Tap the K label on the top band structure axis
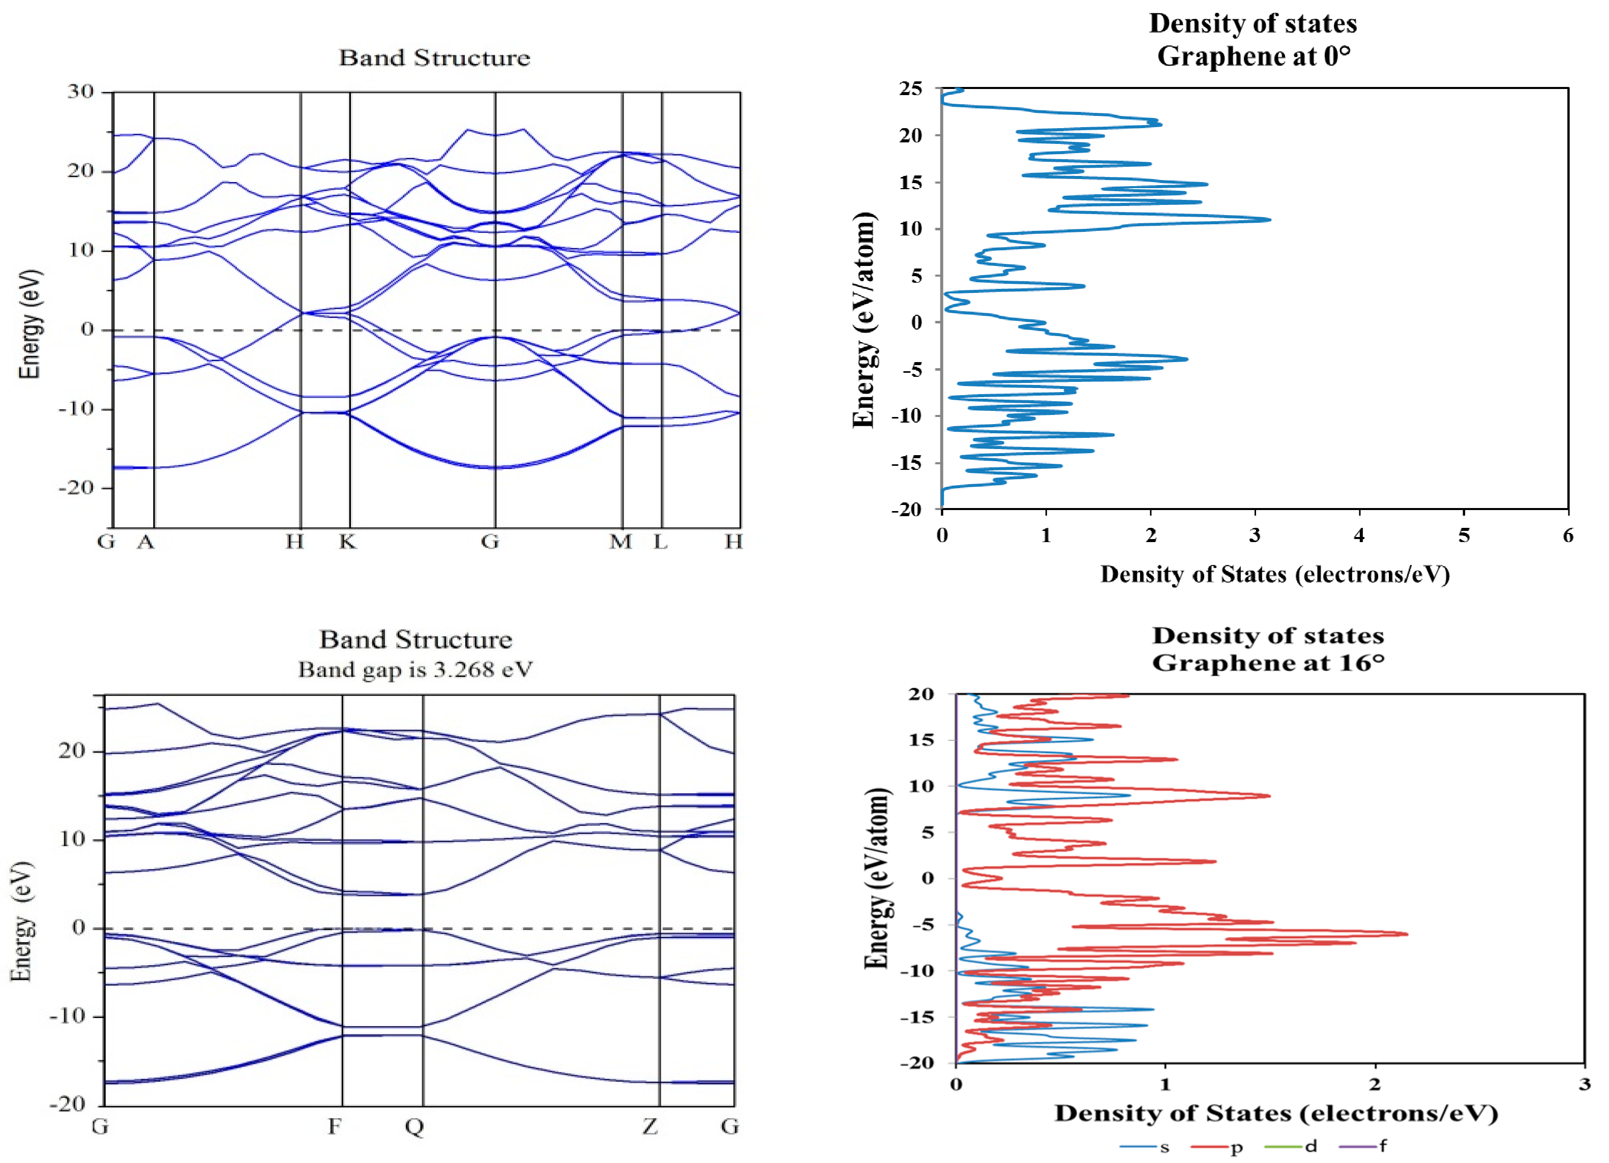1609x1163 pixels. click(347, 542)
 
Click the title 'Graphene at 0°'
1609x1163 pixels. click(1254, 56)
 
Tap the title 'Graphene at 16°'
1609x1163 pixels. click(1268, 663)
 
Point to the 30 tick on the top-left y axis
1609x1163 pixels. click(80, 92)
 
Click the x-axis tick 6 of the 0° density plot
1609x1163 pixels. click(1568, 535)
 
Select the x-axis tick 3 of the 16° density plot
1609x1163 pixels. click(1584, 1084)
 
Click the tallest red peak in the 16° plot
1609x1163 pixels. click(1406, 934)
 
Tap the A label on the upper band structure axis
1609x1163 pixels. click(145, 542)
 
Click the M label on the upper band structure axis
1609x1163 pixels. click(621, 542)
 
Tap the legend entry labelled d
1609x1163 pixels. click(1291, 1146)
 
